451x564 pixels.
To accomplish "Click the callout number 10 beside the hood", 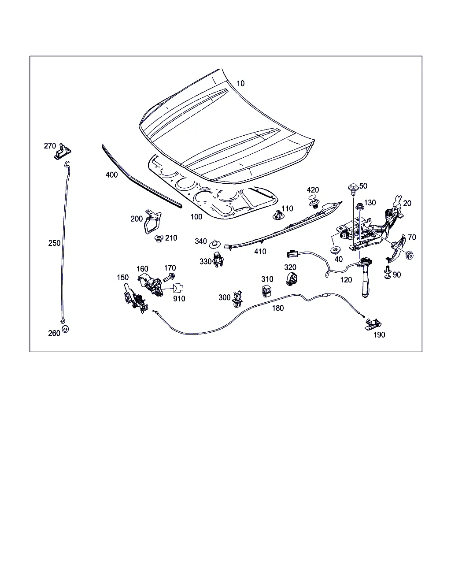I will [240, 83].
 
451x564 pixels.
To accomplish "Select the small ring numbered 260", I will [66, 330].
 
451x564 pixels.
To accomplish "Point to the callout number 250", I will [55, 243].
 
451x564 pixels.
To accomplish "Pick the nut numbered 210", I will [158, 239].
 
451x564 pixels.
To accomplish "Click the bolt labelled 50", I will [353, 188].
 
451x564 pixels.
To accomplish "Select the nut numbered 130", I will [359, 205].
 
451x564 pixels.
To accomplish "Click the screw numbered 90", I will [387, 272].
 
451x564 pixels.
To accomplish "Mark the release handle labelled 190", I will [371, 324].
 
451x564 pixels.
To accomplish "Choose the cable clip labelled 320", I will [292, 279].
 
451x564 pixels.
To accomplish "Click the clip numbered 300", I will [238, 298].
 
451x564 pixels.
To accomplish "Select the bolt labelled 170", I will [169, 277].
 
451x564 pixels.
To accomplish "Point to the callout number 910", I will [179, 298].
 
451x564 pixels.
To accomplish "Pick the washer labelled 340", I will [215, 243].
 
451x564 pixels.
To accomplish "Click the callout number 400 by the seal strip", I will [112, 175].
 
